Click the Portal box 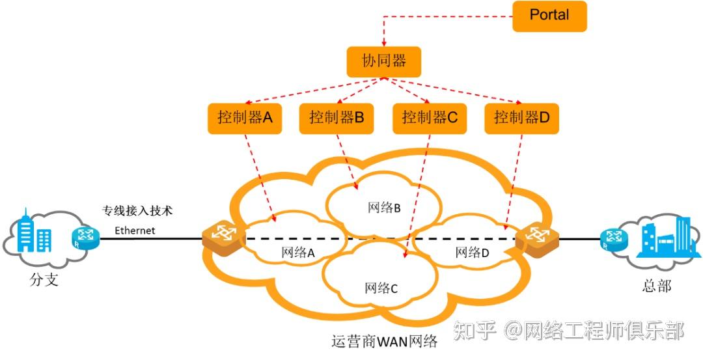tap(549, 16)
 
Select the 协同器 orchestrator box tap(383, 62)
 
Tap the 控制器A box tap(245, 118)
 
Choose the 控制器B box tap(337, 118)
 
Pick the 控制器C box tap(430, 118)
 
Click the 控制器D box tap(522, 118)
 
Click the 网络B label tap(384, 208)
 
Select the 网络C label tap(381, 288)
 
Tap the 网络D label tap(472, 253)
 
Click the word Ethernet tap(135, 230)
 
